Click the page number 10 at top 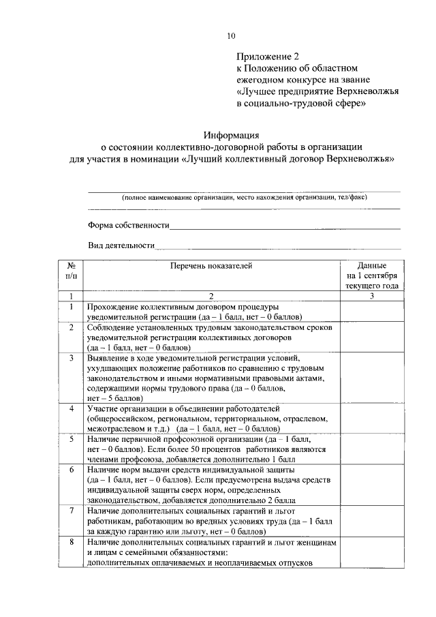230,36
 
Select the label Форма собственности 128,224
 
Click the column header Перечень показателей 211,266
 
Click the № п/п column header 71,271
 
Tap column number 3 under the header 371,296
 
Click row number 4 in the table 71,408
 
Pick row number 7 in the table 71,510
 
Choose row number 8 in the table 71,542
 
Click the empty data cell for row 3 371,377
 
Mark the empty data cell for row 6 371,485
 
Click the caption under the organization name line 244,197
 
